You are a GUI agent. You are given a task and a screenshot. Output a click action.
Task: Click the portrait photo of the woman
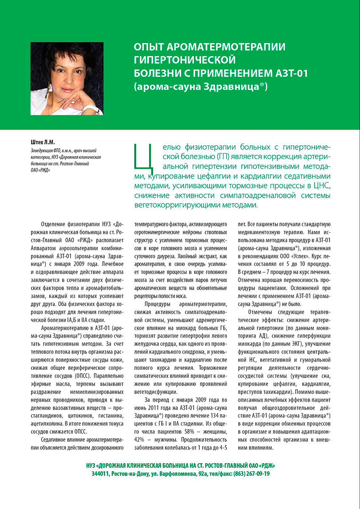pos(67,78)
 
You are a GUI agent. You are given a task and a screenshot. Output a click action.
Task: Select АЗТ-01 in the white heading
pos(293,73)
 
